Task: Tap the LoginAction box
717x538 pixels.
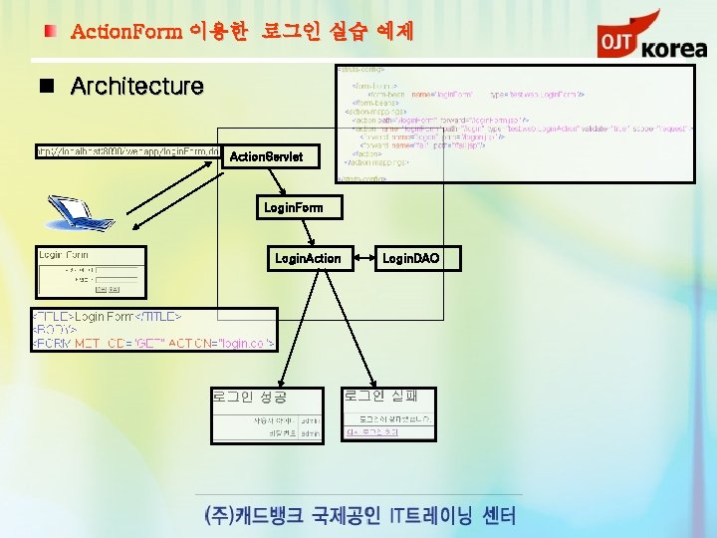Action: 308,259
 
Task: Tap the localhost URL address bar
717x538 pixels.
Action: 119,151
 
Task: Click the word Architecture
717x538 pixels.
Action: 136,87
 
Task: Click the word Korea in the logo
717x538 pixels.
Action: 673,48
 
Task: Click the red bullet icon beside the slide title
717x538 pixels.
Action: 49,32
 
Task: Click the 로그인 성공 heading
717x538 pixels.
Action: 249,397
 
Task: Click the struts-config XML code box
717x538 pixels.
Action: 513,124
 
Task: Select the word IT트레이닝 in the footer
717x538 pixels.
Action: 438,515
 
